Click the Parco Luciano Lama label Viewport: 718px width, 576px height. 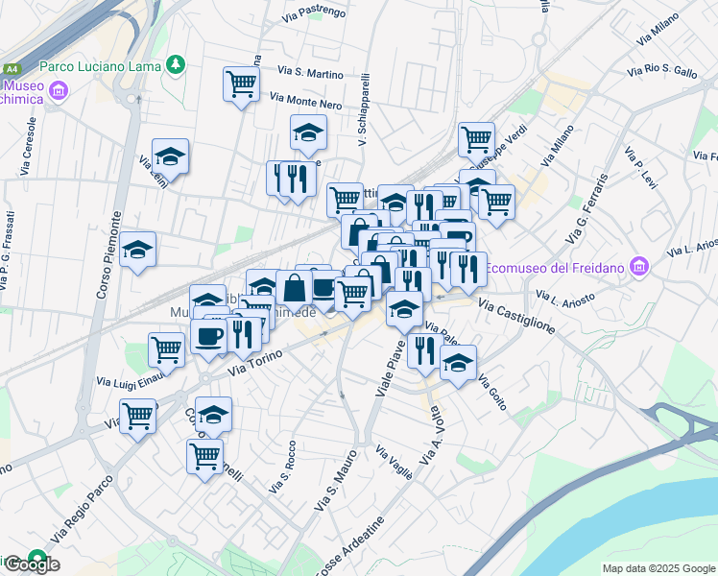tap(101, 66)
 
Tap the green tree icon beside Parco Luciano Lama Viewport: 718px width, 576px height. tap(175, 64)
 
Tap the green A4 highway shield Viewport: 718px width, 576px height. tap(12, 69)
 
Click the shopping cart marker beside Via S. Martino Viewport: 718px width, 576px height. tap(241, 84)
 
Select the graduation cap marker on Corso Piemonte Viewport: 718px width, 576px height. tap(138, 250)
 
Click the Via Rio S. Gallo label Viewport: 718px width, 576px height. tap(662, 71)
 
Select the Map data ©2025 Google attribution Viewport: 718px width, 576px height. tap(658, 568)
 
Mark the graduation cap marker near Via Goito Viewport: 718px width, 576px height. tap(458, 365)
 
